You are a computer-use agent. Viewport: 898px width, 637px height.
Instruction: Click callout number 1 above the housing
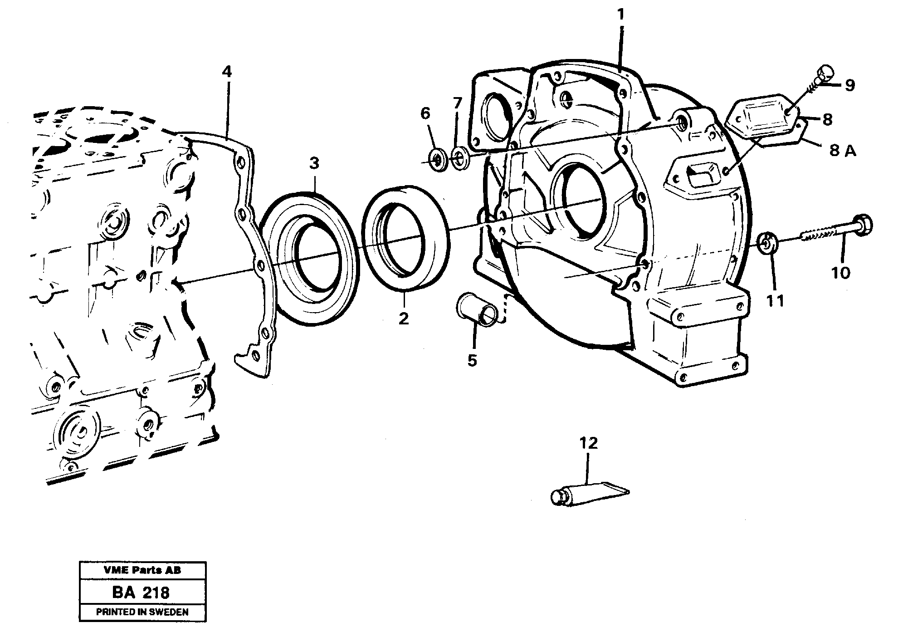point(621,15)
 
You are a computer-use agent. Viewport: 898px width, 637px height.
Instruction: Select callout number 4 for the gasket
point(227,71)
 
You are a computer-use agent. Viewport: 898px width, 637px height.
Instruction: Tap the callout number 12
point(588,443)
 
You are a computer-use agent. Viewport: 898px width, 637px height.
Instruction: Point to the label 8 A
point(843,151)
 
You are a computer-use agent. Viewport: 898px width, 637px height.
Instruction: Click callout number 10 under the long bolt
point(840,273)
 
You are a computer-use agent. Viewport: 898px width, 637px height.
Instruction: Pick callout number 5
point(472,361)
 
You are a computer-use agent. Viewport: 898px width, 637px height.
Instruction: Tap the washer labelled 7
point(460,158)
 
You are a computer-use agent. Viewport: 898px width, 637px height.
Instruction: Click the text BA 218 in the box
point(142,592)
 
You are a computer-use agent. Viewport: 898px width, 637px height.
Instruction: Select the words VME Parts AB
point(142,570)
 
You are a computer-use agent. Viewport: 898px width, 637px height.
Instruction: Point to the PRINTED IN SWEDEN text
point(142,612)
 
